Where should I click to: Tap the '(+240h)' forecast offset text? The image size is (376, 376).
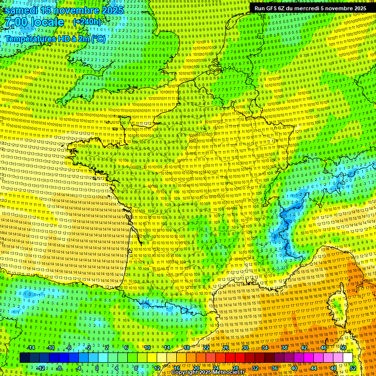tap(87, 22)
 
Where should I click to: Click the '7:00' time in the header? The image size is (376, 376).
tap(15, 23)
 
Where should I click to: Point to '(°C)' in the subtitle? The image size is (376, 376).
tap(97, 38)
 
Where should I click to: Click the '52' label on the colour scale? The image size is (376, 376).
tap(353, 368)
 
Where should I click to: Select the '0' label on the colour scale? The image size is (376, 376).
tap(97, 368)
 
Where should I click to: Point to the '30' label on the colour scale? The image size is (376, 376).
tap(245, 348)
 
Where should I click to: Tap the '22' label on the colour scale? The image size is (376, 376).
tap(206, 348)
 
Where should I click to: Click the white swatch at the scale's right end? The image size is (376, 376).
tap(348, 358)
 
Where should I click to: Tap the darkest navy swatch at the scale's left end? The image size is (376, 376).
tap(24, 358)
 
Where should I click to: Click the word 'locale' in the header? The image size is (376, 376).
tap(47, 23)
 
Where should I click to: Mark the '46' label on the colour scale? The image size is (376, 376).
tap(323, 348)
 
